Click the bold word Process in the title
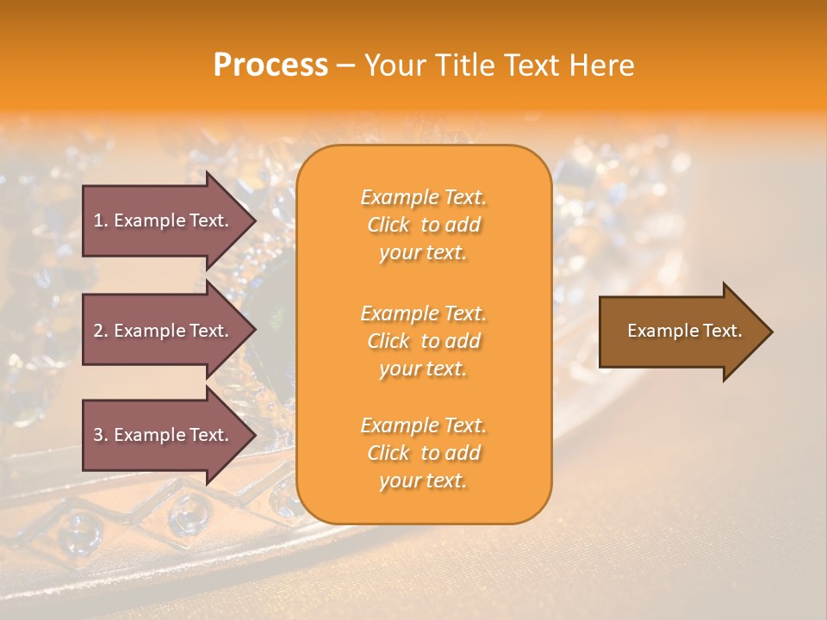tap(270, 65)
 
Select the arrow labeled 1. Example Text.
tap(164, 220)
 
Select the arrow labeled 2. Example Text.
tap(164, 331)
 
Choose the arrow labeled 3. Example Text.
tap(164, 435)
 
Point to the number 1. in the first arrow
tap(101, 220)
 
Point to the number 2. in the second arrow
tap(101, 331)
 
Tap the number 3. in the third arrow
tap(101, 435)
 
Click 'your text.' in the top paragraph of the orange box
tap(423, 253)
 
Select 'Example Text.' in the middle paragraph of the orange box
tap(423, 313)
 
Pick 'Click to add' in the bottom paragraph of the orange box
tap(423, 453)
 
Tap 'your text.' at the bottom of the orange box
tap(423, 481)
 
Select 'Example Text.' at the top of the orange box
tap(423, 197)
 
